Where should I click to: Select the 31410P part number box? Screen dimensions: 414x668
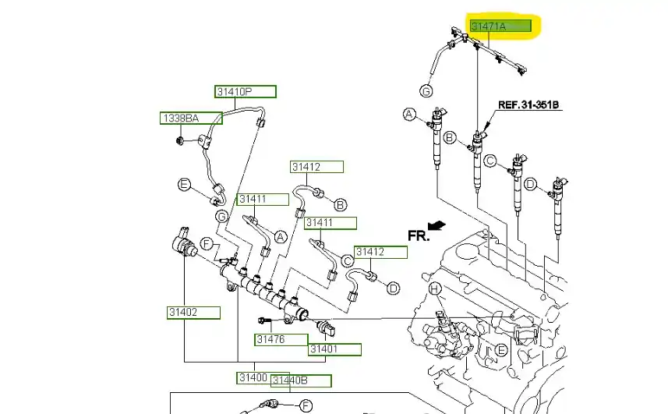click(x=246, y=92)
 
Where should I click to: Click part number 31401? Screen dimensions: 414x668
click(x=334, y=349)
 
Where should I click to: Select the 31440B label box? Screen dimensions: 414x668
click(x=300, y=381)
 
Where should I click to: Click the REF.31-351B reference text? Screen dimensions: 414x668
click(x=529, y=104)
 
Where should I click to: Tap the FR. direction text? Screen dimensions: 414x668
click(x=418, y=235)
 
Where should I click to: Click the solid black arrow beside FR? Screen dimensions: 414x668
click(x=439, y=225)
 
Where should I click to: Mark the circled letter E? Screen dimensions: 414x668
click(x=184, y=185)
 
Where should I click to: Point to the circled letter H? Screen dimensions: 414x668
click(x=436, y=289)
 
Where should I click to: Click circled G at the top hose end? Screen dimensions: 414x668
click(x=426, y=91)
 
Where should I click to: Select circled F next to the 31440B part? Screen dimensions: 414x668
click(x=306, y=405)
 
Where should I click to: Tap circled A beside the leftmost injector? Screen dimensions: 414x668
click(x=409, y=115)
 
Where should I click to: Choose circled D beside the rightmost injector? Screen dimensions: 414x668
click(x=531, y=184)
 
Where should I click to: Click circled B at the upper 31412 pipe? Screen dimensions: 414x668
click(x=340, y=204)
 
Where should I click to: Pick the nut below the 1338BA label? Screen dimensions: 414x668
click(x=178, y=141)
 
